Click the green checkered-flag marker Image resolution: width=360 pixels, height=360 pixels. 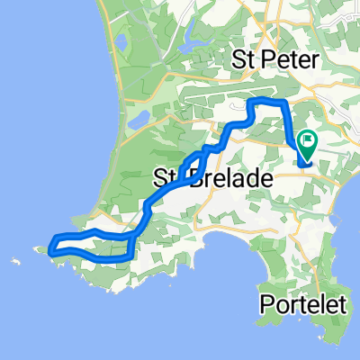pos(308,142)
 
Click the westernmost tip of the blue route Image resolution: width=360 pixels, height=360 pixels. pos(50,252)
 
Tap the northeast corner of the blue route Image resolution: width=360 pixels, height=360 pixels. pos(283,103)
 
